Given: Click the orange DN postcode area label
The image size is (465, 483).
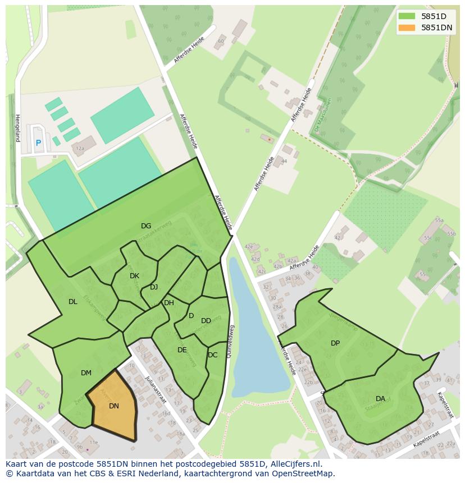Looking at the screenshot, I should (x=114, y=406).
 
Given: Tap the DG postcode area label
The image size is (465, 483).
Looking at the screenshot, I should (x=146, y=226).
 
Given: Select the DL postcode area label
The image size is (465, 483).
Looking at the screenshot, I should (x=73, y=302).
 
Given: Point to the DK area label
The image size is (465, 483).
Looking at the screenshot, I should (x=134, y=276).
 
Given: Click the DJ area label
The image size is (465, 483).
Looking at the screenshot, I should (x=154, y=287).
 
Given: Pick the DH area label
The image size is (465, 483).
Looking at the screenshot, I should (x=169, y=303).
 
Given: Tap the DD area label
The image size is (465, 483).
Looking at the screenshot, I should (x=206, y=321).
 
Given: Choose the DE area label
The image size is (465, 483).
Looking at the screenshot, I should (x=182, y=350).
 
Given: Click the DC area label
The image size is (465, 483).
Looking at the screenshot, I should (x=212, y=355).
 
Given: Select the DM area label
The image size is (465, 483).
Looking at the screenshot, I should (x=86, y=373).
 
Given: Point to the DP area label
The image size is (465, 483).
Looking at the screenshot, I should (x=335, y=343).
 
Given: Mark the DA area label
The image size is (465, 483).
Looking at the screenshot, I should (x=380, y=399).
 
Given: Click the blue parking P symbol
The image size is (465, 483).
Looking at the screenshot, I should (x=38, y=143).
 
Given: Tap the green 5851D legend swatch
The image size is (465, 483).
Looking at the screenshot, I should (x=407, y=16).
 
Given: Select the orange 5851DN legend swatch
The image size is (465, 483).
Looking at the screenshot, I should (x=407, y=27).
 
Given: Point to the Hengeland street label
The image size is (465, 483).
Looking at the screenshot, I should (x=17, y=128).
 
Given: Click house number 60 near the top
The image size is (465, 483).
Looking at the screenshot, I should (x=221, y=40).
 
